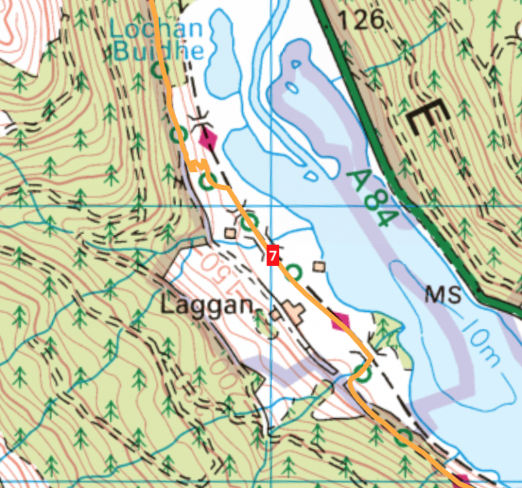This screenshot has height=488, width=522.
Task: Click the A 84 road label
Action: [371, 198]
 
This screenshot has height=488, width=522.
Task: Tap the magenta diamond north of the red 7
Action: [208, 138]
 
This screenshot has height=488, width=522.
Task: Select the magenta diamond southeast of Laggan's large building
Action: [339, 320]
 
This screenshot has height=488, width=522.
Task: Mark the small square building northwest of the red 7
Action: [230, 232]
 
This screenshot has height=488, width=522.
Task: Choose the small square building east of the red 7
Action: [319, 266]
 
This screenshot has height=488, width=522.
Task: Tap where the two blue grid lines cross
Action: [271, 206]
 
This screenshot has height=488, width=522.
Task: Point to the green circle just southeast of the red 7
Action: [295, 271]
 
